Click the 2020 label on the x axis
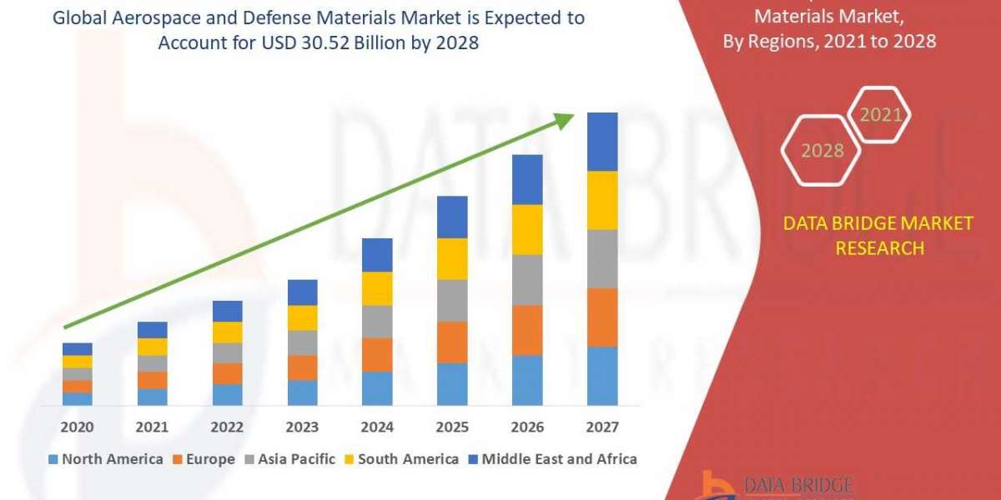tap(78, 427)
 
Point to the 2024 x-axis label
tap(377, 427)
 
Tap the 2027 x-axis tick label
tap(602, 427)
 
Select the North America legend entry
tap(105, 459)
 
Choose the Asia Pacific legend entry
tap(289, 459)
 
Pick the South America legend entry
tap(400, 459)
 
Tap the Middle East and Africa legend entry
tap(551, 459)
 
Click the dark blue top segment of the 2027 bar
tap(602, 142)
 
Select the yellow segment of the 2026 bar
tap(527, 229)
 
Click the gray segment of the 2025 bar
tap(452, 301)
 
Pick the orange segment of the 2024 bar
tap(377, 355)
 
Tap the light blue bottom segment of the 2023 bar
tap(302, 392)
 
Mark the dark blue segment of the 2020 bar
tap(78, 349)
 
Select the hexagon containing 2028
tap(821, 151)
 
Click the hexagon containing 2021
tap(879, 115)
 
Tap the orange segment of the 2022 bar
tap(227, 373)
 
